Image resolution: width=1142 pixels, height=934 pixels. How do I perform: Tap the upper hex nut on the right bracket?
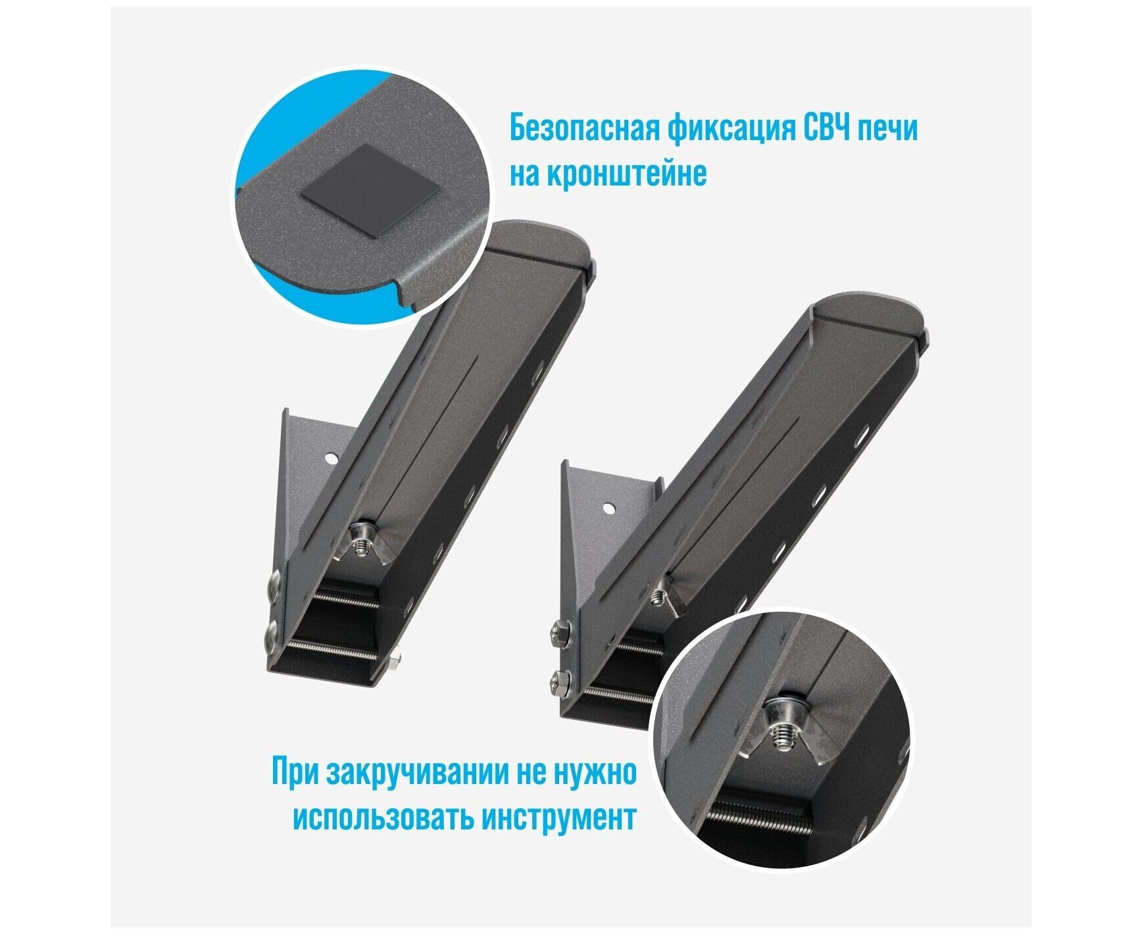[561, 631]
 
